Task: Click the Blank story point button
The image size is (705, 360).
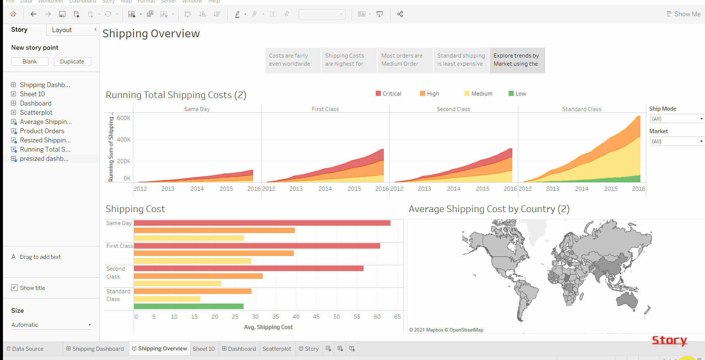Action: tap(30, 62)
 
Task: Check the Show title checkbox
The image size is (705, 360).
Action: tap(14, 288)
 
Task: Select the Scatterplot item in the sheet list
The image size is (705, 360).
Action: tap(36, 112)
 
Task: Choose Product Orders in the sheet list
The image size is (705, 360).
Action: tap(42, 131)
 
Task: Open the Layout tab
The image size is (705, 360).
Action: tap(62, 30)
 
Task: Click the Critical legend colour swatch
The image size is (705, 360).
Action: tap(378, 94)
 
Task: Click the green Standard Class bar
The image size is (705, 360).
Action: tap(189, 306)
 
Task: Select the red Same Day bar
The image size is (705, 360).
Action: tap(262, 223)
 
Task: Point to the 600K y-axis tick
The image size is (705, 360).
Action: tap(124, 118)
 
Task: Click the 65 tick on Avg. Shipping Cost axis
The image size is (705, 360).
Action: tap(397, 316)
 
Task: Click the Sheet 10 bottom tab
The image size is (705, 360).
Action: tap(203, 349)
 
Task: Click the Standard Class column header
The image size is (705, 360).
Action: tap(581, 109)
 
